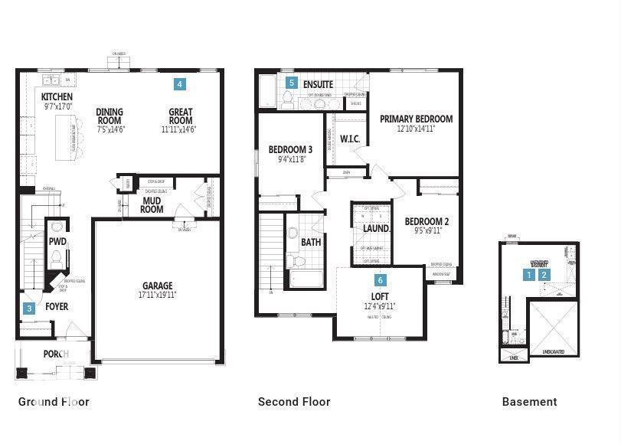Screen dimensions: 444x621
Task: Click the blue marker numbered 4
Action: tap(179, 83)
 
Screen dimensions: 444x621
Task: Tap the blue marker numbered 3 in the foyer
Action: tap(29, 309)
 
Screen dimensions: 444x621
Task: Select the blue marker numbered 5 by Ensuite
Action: tap(291, 82)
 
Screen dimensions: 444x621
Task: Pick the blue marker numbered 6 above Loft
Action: tap(380, 281)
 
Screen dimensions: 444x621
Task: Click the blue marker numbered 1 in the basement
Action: tap(528, 274)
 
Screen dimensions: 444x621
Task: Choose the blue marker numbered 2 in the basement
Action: tap(544, 274)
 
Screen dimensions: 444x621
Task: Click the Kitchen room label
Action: tap(57, 97)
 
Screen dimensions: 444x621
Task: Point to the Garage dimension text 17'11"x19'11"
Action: tap(157, 295)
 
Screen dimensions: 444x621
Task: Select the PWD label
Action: tap(57, 240)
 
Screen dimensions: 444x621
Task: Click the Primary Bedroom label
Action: tap(416, 119)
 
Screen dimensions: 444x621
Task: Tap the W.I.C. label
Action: tap(349, 139)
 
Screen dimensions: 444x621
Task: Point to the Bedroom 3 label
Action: tap(290, 149)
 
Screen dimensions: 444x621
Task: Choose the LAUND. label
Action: tap(376, 228)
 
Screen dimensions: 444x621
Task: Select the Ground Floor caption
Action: tap(54, 401)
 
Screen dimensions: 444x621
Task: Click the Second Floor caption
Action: tap(294, 401)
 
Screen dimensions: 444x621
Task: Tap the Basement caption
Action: tap(529, 401)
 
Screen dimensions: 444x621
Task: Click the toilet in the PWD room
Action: tap(57, 259)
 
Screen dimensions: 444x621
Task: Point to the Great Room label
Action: tap(180, 116)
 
